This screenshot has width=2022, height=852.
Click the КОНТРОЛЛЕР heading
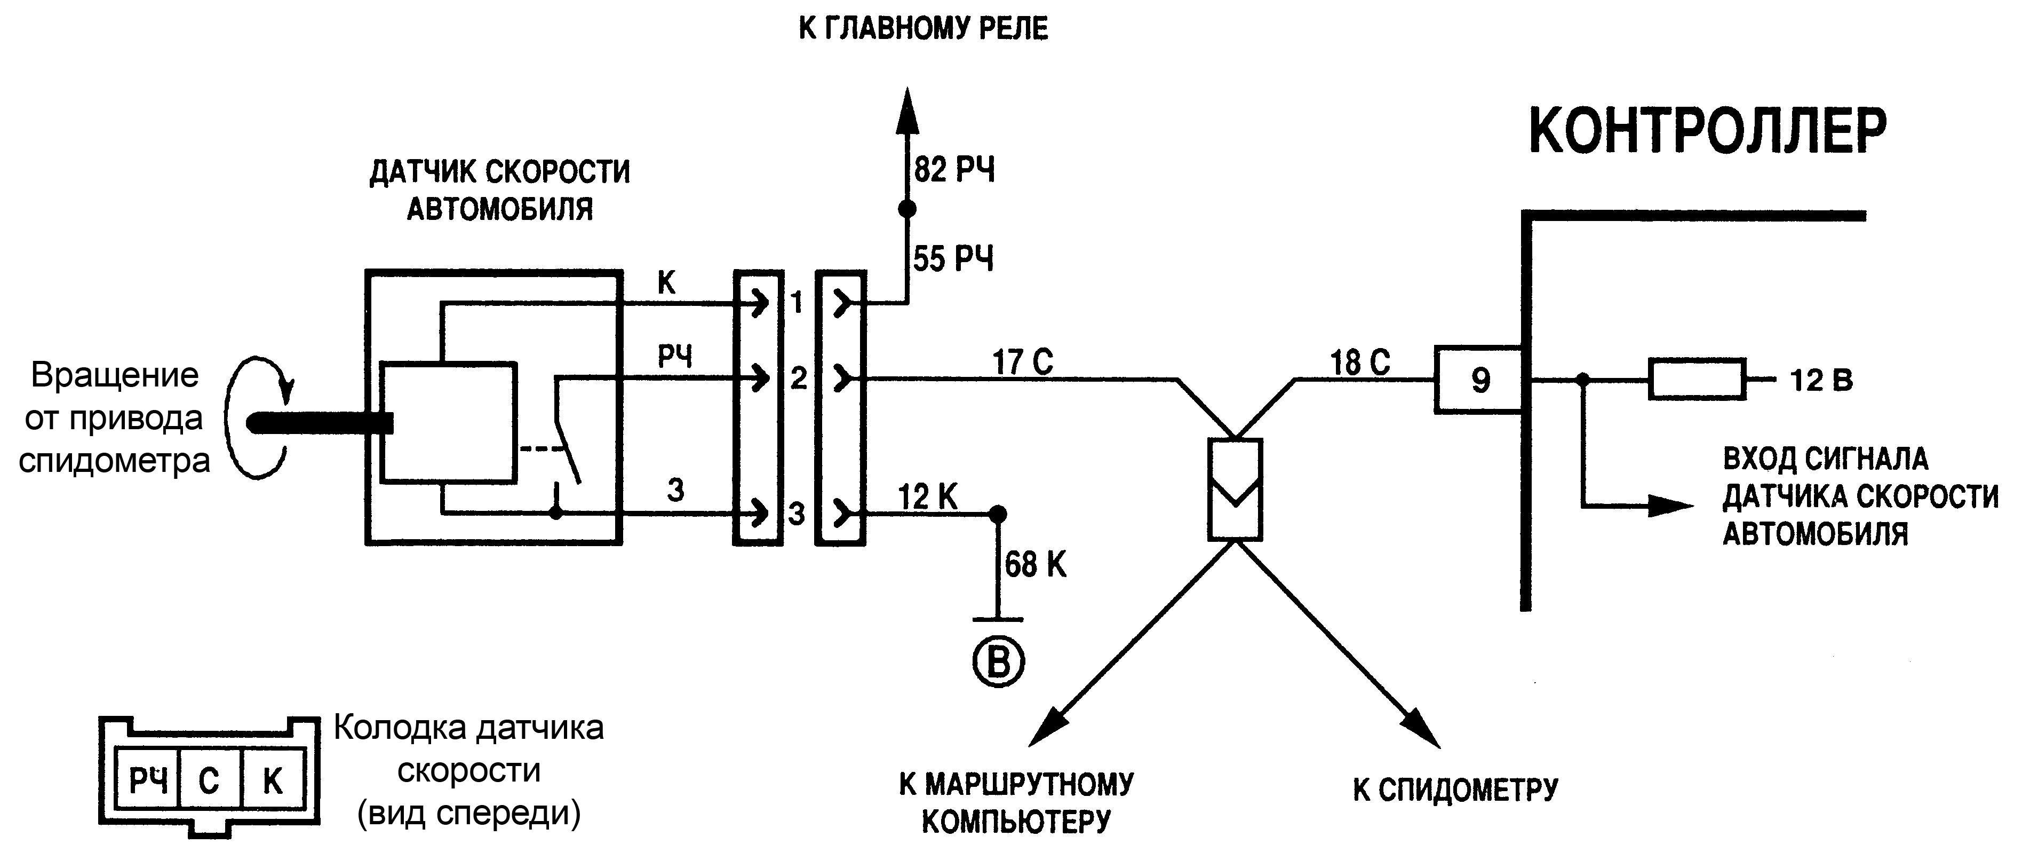tap(1707, 132)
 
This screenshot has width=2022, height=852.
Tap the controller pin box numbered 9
tap(1479, 380)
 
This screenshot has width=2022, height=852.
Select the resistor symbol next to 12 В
tap(1697, 380)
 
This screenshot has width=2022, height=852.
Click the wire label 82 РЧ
tap(954, 170)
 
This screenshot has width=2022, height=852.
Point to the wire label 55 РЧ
tap(953, 258)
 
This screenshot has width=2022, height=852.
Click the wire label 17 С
tap(1022, 362)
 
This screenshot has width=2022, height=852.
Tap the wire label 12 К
tap(927, 497)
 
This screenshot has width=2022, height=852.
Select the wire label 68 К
tap(1036, 565)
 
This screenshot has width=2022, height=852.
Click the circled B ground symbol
tap(998, 662)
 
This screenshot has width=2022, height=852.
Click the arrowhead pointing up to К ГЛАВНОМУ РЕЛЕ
tap(907, 110)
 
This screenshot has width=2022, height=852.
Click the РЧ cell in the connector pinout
tap(148, 780)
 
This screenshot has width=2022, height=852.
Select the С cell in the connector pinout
tap(209, 780)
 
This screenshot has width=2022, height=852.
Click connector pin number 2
tap(798, 379)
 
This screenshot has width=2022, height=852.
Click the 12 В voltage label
tap(1821, 381)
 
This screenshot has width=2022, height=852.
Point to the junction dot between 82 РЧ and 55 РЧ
tap(907, 209)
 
